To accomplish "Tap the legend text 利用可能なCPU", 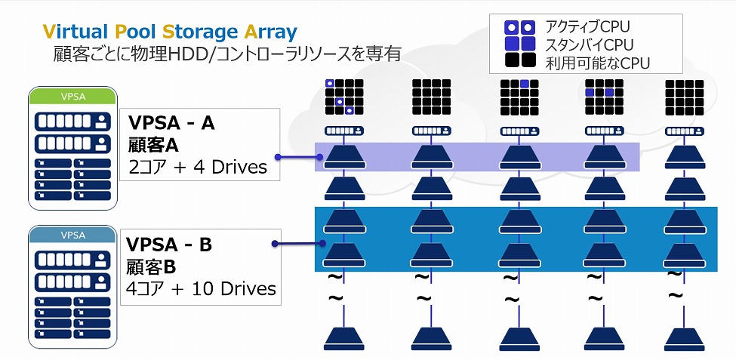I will coord(596,62).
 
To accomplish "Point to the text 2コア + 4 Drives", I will coord(197,166).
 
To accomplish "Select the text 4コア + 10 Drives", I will coord(202,288).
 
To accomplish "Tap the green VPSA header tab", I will coord(73,97).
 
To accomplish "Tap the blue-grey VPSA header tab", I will coord(73,234).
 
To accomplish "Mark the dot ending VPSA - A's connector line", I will coord(278,157).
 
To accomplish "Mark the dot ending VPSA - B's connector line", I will coord(274,243).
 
